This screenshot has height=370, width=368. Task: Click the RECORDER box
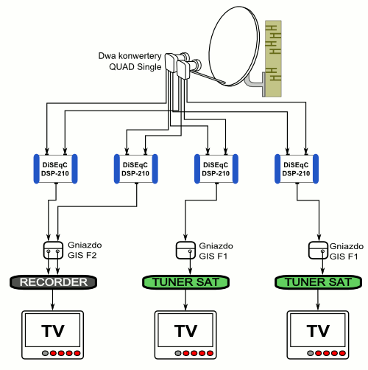coord(53,282)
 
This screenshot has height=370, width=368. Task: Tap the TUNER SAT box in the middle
coord(185,282)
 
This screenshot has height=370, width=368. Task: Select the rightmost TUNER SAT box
coord(318,282)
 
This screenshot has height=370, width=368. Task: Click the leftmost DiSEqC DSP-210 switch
coord(55,169)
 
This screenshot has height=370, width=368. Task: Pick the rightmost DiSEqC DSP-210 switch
coord(297,169)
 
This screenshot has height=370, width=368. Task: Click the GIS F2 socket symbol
coord(53,251)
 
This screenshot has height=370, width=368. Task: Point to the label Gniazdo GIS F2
coord(85,250)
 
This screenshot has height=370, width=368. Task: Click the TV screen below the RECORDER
coord(53,330)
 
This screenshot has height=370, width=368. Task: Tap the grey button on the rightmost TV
coord(311,353)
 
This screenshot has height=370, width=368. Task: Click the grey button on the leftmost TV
coord(45,353)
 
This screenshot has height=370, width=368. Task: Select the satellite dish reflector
coord(234,46)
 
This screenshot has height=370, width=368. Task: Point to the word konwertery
coord(140,56)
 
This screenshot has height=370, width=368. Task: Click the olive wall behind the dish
coord(273,58)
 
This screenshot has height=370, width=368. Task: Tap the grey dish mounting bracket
coord(255,83)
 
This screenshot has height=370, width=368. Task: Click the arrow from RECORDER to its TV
coord(52,299)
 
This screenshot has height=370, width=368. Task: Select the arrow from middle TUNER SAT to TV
coord(185,299)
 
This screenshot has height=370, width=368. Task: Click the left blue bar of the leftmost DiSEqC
coord(36,169)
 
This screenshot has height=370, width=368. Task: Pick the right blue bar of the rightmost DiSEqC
coord(316,169)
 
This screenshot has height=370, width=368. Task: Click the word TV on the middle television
coord(185,331)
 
